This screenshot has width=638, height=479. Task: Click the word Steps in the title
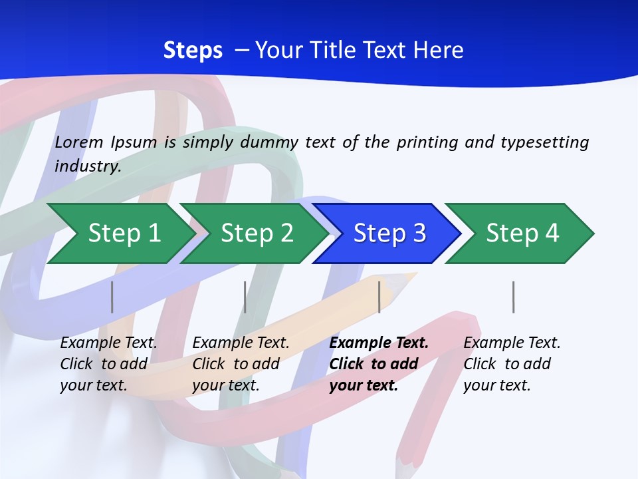click(x=193, y=51)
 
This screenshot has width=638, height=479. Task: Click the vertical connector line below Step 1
click(x=112, y=297)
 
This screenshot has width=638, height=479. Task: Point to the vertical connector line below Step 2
click(x=245, y=297)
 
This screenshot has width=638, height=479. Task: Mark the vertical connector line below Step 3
click(x=379, y=297)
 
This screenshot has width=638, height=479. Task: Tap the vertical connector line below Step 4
click(x=513, y=297)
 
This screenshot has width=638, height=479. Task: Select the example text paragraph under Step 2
click(x=240, y=364)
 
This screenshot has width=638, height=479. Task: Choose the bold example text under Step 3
click(x=378, y=364)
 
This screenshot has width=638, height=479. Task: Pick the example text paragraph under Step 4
click(x=511, y=364)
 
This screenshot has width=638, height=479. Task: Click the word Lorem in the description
click(x=79, y=142)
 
